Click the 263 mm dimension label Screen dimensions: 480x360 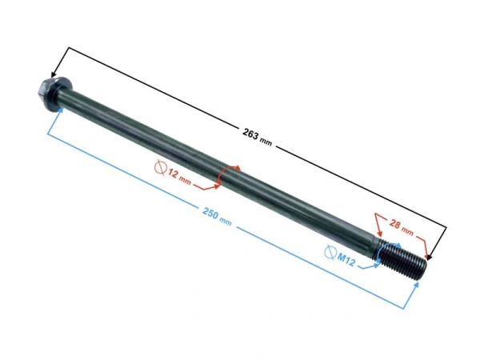257,137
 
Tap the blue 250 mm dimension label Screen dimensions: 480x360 217,217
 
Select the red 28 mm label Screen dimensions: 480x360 401,227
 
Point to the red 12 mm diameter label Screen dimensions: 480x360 179,178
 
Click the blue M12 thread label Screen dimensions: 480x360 346,259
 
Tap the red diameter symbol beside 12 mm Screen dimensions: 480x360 161,167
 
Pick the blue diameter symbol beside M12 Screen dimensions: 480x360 330,252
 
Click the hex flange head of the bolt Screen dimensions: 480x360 54,90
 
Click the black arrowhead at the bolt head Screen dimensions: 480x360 54,74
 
